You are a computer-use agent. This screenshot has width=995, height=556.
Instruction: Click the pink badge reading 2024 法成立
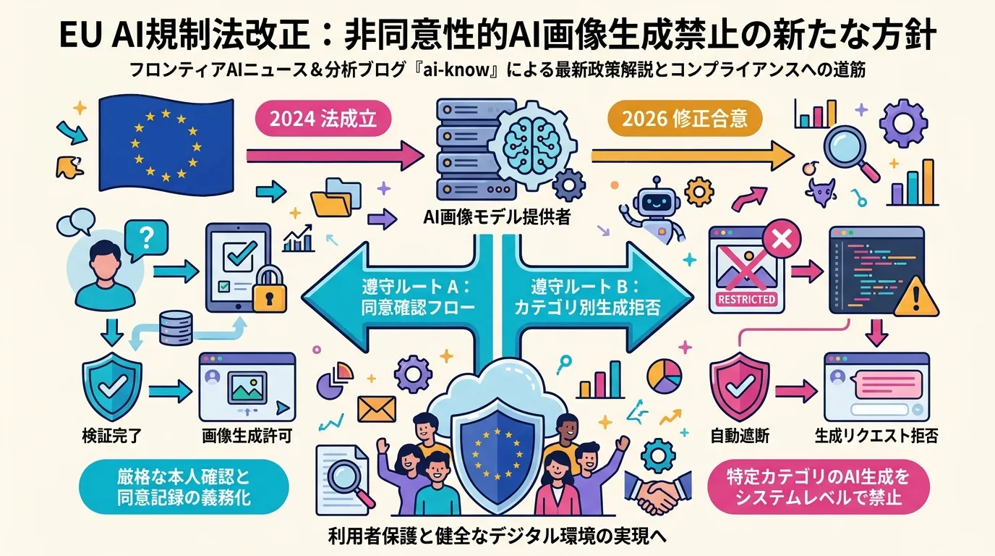[x=323, y=119]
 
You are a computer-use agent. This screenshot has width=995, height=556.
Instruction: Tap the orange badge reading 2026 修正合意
[x=685, y=119]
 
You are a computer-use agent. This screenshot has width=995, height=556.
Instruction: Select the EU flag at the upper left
[x=166, y=145]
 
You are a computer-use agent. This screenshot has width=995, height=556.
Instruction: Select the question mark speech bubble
[x=146, y=240]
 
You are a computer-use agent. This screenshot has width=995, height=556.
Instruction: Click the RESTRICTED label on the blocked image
[x=746, y=299]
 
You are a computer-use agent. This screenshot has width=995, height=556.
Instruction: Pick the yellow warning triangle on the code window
[x=916, y=297]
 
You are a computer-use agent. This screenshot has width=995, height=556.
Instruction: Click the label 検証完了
[x=111, y=436]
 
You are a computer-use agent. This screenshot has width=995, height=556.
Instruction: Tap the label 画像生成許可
[x=247, y=436]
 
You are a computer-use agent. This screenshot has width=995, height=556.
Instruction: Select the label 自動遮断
[x=740, y=436]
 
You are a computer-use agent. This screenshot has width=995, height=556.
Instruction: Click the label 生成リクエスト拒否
[x=876, y=436]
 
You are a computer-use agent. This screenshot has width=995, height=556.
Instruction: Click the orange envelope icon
[x=376, y=409]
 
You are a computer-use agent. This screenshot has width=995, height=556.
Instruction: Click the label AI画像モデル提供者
[x=497, y=217]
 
